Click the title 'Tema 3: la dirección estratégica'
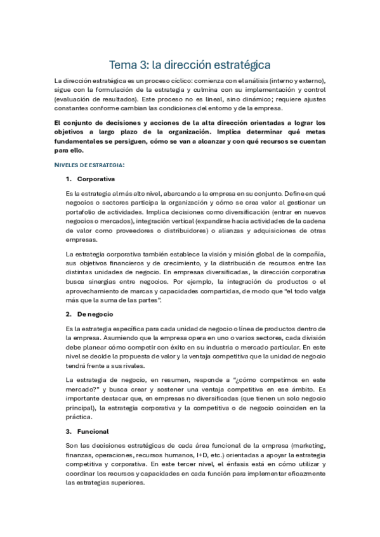(190, 65)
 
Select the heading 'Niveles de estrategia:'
(89, 165)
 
